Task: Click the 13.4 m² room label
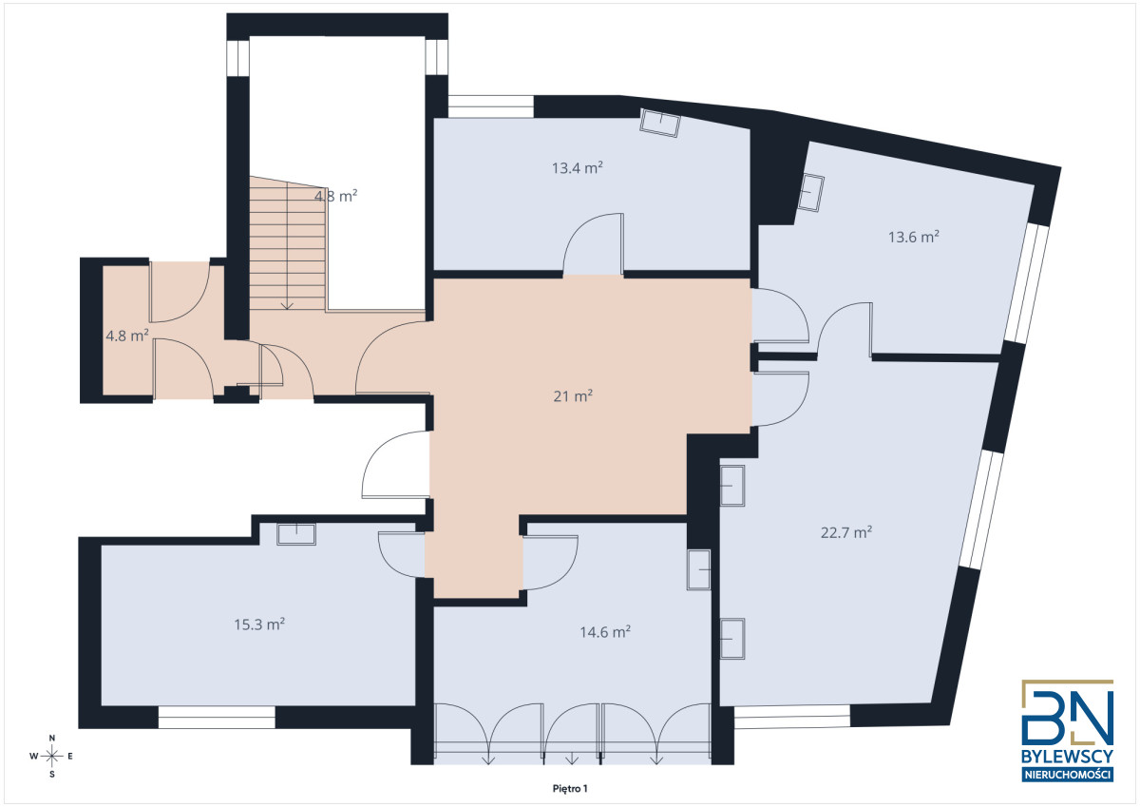(578, 168)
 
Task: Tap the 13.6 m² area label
(914, 238)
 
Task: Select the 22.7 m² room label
(846, 532)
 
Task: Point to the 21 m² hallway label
(573, 396)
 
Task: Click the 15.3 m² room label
(259, 624)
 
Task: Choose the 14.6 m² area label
(605, 632)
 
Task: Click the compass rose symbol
(51, 756)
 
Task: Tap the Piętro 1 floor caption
(570, 789)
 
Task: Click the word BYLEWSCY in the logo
(1067, 757)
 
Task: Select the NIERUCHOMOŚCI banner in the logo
(1067, 775)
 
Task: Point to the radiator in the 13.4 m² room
(660, 123)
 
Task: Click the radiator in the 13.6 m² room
(810, 192)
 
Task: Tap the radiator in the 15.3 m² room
(296, 534)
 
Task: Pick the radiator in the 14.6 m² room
(698, 569)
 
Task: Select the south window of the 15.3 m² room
(217, 717)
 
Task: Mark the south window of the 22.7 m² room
(792, 717)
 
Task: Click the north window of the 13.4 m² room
(490, 106)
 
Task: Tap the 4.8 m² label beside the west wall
(126, 336)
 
